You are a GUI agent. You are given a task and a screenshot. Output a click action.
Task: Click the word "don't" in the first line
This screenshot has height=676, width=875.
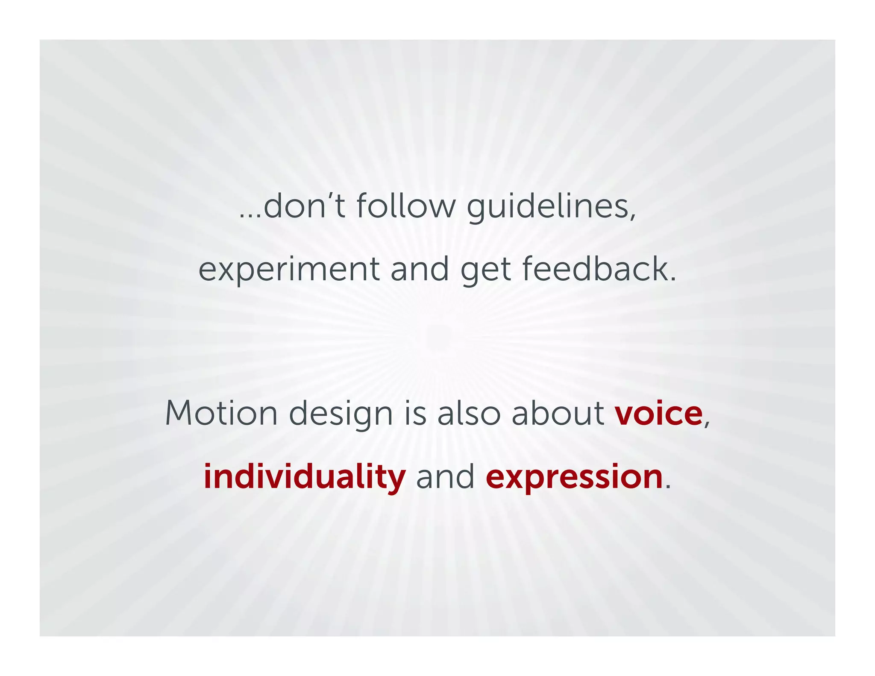click(304, 206)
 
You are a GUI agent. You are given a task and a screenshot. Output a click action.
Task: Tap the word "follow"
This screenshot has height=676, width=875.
click(406, 206)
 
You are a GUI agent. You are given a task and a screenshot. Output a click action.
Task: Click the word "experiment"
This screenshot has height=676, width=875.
click(289, 270)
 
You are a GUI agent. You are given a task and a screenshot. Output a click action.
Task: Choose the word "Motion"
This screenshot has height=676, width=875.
click(221, 413)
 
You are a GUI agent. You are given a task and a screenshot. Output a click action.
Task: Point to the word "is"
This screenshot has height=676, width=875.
click(415, 413)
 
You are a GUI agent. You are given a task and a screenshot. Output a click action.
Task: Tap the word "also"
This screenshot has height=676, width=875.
click(469, 413)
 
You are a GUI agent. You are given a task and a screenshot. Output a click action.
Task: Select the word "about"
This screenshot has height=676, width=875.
click(558, 413)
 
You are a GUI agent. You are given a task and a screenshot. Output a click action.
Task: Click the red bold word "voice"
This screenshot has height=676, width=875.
click(658, 414)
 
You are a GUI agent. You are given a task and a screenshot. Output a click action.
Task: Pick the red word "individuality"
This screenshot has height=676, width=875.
click(304, 477)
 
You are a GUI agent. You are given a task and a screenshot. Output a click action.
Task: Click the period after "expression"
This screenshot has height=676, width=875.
click(668, 487)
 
